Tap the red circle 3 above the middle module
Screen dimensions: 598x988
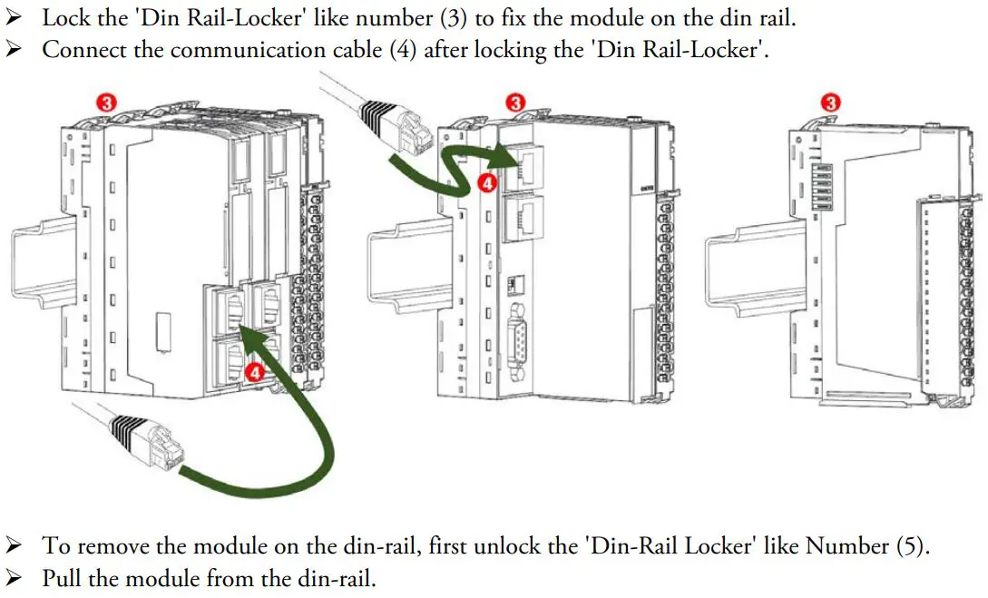516,103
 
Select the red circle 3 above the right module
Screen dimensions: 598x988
831,103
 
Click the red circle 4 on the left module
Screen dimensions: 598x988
257,371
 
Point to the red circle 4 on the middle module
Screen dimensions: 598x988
488,183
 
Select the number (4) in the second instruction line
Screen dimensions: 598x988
403,49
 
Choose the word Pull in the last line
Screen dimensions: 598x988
60,577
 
